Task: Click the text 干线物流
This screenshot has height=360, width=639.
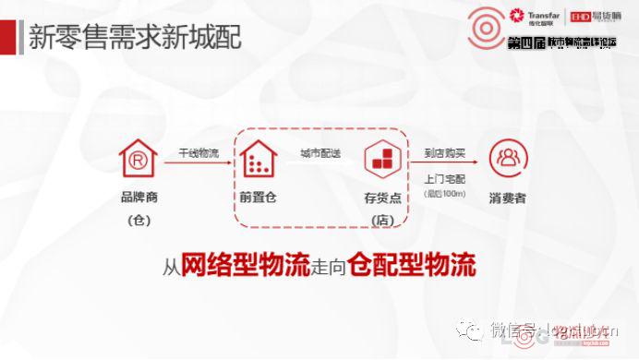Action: (199, 152)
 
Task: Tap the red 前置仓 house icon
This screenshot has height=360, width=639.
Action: (259, 161)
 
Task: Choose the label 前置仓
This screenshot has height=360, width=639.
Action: (259, 198)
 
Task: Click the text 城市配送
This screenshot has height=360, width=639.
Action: (320, 152)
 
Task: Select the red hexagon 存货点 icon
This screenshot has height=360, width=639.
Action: (381, 160)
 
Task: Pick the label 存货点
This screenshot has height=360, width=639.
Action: (381, 198)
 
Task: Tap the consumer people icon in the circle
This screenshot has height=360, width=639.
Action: (507, 160)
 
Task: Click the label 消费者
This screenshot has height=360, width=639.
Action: (507, 198)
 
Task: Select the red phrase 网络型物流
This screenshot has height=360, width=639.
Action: (235, 267)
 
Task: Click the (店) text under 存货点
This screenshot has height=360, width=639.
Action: (381, 220)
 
